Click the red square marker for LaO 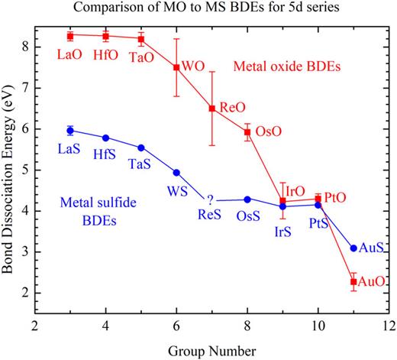(x=70, y=36)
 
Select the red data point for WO (x=176, y=67)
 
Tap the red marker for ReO (x=212, y=109)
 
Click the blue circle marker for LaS (x=70, y=131)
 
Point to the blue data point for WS (x=176, y=173)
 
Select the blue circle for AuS (x=353, y=248)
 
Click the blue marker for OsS (x=247, y=199)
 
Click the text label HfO (x=106, y=56)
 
